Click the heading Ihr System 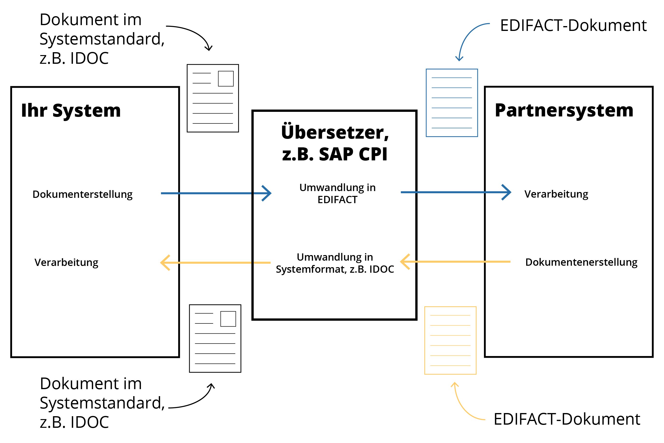(71, 110)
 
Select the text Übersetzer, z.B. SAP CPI (335, 143)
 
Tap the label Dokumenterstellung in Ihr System (83, 194)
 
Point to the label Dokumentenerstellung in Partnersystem (581, 262)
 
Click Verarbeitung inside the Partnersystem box (556, 194)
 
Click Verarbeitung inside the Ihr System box (66, 263)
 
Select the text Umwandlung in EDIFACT (337, 193)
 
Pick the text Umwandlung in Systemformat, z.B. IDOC (335, 263)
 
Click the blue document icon (452, 103)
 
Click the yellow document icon (450, 340)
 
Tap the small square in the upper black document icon (226, 79)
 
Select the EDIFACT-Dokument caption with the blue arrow (573, 26)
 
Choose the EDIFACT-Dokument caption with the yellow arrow (566, 419)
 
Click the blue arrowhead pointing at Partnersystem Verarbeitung (507, 193)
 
